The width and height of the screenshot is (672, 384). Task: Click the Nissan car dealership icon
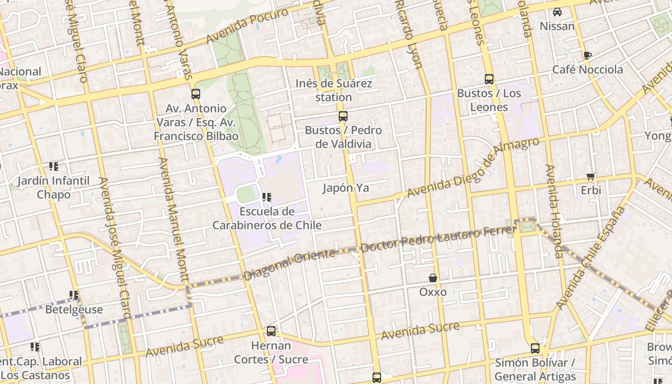[x=557, y=12]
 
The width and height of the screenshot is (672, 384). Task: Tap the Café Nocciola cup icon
[x=588, y=55]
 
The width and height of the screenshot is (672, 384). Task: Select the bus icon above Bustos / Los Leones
[x=489, y=79]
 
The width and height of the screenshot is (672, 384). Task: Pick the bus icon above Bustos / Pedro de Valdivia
[x=343, y=116]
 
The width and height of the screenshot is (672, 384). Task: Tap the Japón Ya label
[x=346, y=188]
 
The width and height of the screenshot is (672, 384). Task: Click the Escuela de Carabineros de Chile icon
[x=267, y=197]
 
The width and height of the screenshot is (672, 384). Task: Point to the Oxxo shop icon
[x=433, y=278]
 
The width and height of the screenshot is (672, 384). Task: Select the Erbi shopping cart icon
[x=591, y=176]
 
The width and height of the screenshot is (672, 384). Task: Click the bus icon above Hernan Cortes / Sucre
[x=271, y=331]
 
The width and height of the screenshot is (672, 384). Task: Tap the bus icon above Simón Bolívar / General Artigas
[x=535, y=348]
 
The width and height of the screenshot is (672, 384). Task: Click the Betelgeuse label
[x=74, y=310]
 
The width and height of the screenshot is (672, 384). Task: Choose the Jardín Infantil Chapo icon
[x=54, y=167]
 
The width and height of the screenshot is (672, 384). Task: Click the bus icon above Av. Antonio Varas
[x=195, y=94]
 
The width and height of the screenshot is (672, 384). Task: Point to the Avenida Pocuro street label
[x=247, y=25]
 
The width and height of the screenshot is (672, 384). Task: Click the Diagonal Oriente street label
[x=289, y=264]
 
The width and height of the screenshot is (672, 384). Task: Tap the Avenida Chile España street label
[x=591, y=258]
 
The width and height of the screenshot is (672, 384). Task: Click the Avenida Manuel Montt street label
[x=174, y=219]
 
